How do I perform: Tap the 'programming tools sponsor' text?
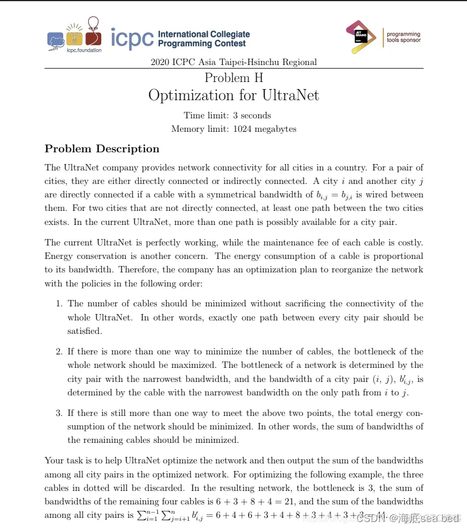[403, 37]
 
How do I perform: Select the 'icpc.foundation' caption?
[84, 50]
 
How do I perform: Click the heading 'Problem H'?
[233, 77]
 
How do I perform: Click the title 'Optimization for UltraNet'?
[233, 95]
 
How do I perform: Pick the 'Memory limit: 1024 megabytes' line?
[233, 129]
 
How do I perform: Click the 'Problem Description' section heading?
[102, 149]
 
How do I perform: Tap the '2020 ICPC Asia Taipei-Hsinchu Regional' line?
[233, 62]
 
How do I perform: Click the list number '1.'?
[59, 303]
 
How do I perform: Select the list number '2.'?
[59, 351]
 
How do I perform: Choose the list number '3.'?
[59, 413]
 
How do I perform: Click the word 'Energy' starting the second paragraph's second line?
[59, 256]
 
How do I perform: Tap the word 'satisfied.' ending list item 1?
[85, 331]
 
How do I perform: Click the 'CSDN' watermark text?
[369, 518]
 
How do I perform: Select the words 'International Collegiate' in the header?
[204, 34]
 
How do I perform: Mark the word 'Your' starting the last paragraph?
[54, 460]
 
